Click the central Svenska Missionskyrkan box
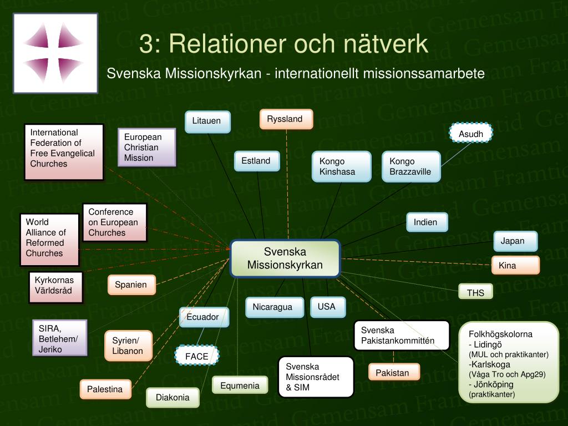tap(285, 258)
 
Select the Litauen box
tap(207, 121)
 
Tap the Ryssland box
tap(286, 119)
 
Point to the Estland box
tap(256, 161)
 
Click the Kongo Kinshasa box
tap(342, 166)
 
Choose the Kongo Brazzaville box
tap(411, 166)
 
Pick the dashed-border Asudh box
tap(471, 133)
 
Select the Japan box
tap(515, 241)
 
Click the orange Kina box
tap(515, 265)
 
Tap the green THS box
tap(475, 292)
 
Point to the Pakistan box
tap(394, 372)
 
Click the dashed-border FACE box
tap(197, 356)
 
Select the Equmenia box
tap(240, 385)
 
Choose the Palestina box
tap(105, 389)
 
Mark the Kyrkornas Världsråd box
tap(56, 287)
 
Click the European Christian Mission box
tap(146, 147)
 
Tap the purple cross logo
tap(55, 53)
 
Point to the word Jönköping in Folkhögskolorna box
tap(493, 384)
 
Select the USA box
tap(327, 307)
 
